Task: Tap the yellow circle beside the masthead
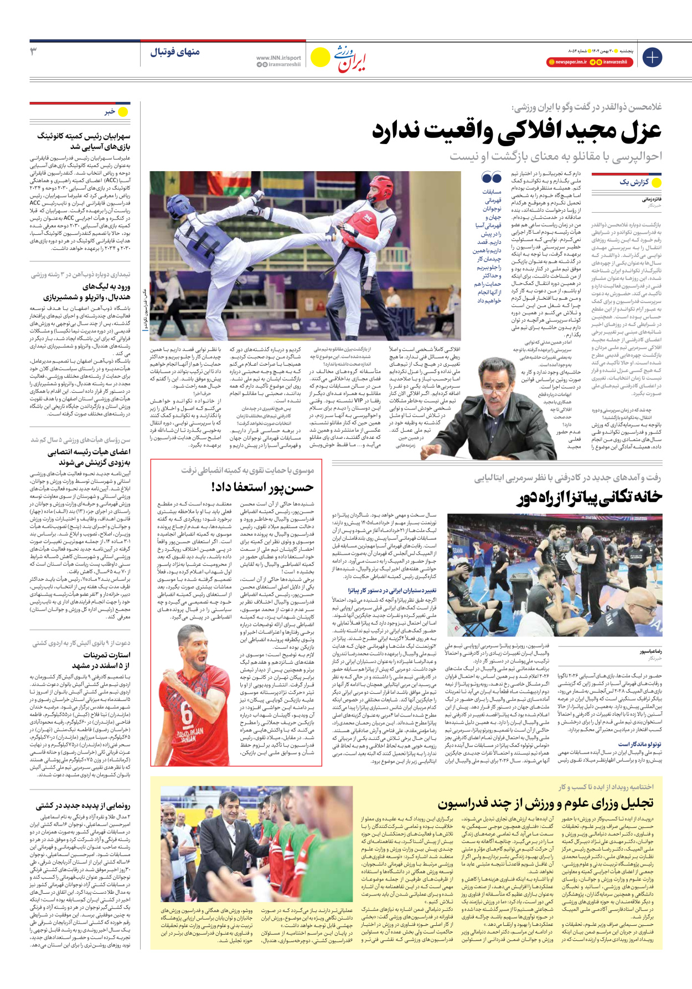tap(320, 57)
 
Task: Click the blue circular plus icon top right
tap(652, 57)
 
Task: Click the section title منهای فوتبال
tap(175, 52)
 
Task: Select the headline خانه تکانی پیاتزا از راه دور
tap(590, 497)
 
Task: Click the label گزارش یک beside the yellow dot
tap(633, 182)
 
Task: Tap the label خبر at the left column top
tap(110, 111)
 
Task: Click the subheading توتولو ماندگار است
tap(640, 744)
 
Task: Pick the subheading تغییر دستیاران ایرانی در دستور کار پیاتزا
tap(392, 590)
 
